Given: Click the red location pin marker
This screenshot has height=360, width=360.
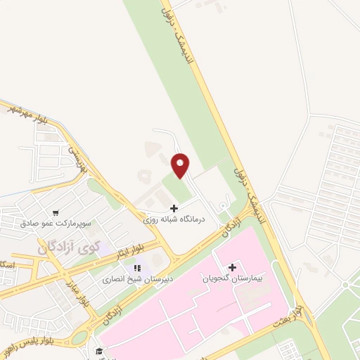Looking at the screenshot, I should point(181,166).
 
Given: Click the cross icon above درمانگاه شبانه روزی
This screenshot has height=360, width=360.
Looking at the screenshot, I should point(174,208).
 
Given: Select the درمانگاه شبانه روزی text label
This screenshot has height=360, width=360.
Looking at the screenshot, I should point(174,219).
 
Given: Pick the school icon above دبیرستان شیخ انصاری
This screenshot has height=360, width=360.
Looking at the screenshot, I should point(137,267).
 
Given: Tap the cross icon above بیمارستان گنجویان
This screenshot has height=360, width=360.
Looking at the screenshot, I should point(232,267).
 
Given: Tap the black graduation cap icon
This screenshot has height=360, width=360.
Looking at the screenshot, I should point(99,350).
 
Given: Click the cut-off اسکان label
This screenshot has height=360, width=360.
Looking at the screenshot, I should point(7,264).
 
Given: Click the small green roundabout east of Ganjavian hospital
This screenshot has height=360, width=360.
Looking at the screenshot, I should point(345,284).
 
